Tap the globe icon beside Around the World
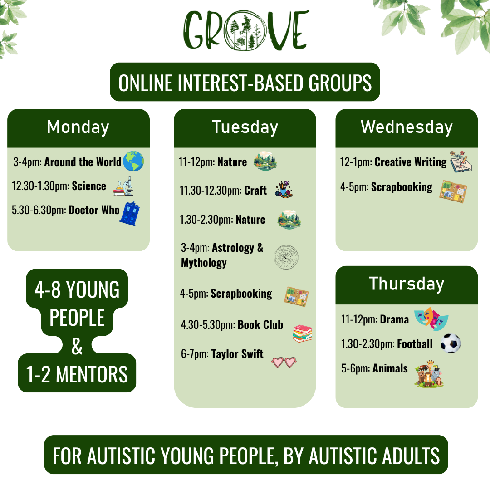click(133, 161)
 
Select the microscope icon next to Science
click(123, 186)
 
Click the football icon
click(451, 343)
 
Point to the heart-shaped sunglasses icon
click(284, 362)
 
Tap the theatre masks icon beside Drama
click(431, 318)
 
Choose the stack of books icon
click(302, 333)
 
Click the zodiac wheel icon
click(286, 257)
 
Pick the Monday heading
click(78, 127)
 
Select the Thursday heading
click(407, 284)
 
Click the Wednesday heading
click(407, 127)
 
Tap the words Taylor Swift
click(237, 354)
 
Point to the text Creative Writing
click(411, 162)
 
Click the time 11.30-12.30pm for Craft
click(211, 191)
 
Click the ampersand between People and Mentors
click(77, 346)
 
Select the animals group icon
click(429, 374)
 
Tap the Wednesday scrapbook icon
click(453, 191)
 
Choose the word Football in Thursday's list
click(415, 344)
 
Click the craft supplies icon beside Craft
click(284, 189)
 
